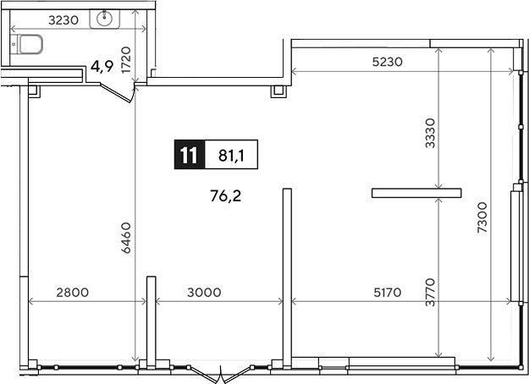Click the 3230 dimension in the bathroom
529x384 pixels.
(x=63, y=20)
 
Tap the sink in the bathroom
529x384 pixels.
(x=105, y=19)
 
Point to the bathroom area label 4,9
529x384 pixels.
(x=102, y=67)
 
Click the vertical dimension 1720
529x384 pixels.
(x=126, y=60)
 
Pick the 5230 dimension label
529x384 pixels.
(x=388, y=62)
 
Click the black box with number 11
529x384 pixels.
(x=190, y=155)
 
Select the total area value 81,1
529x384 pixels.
(x=231, y=155)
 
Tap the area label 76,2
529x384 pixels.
(x=226, y=195)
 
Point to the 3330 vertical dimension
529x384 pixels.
(x=430, y=133)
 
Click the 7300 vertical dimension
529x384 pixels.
(x=482, y=217)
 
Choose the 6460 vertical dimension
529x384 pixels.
(x=126, y=238)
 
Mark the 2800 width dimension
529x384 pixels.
(x=73, y=293)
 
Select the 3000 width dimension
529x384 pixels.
(x=204, y=293)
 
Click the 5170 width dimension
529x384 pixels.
(x=388, y=293)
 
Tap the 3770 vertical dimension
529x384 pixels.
(x=430, y=292)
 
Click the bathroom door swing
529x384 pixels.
(x=118, y=92)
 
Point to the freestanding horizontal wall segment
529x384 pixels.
(x=416, y=193)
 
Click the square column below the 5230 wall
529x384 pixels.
(x=278, y=91)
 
